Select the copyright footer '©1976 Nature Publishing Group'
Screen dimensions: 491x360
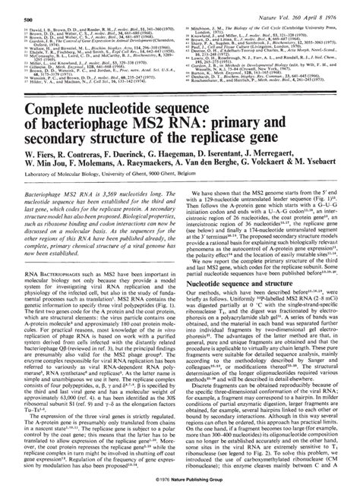point(181,482)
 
